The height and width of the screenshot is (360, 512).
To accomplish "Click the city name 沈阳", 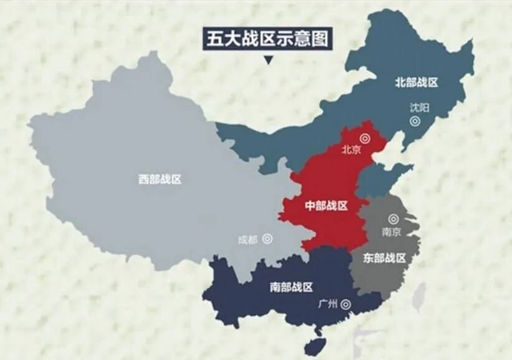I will (419, 107).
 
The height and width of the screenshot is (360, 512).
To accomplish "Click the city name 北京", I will (351, 149).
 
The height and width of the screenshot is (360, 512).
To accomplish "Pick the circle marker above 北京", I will (365, 138).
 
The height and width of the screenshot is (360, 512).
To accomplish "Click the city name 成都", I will (248, 239).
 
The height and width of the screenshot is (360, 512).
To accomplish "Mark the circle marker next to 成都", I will (267, 238).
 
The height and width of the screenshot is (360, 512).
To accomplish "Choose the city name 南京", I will (391, 232).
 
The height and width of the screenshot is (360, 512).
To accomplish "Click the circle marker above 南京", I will (393, 219).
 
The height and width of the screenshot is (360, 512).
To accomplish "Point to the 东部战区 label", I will (384, 258).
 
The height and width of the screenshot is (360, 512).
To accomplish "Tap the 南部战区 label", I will (292, 287).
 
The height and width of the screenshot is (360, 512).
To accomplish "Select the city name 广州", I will (327, 304).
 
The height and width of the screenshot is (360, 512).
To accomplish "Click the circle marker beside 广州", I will (345, 304).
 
